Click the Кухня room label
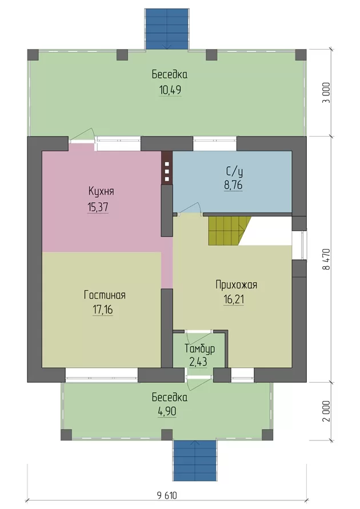pos(101,191)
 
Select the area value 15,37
pos(98,207)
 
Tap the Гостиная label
pos(105,295)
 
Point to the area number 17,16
pos(103,310)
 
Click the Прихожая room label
pos(237,284)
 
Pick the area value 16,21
pos(234,299)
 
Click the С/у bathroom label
pos(234,171)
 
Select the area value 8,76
pos(233,185)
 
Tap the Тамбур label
pos(199,349)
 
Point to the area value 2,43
pos(198,362)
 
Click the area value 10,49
pos(170,90)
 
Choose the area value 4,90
pos(167,412)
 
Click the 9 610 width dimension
pos(167,496)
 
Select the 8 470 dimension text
pos(326,259)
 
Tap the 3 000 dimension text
pos(326,93)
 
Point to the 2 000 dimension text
pos(326,411)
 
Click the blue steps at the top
pos(167,29)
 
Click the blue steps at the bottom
pos(195,460)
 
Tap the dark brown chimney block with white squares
pos(167,169)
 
